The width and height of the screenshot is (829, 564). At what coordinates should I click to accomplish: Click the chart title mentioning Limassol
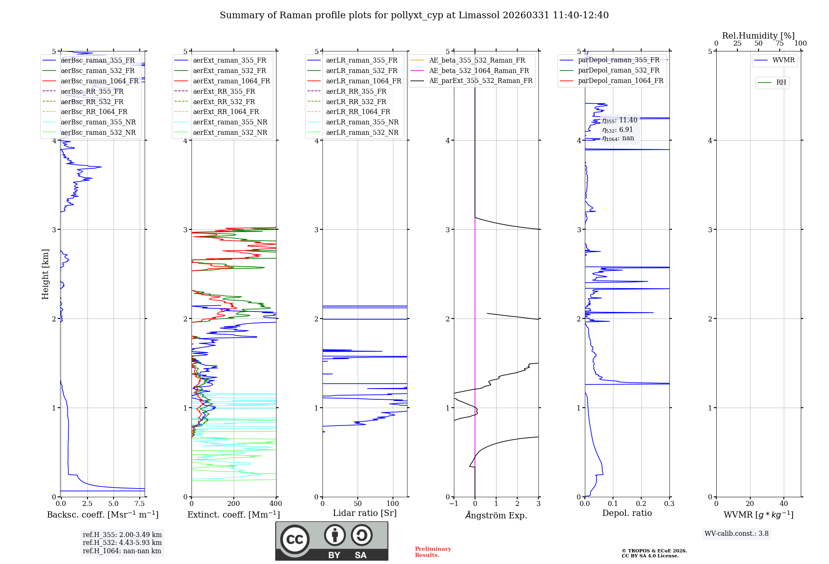point(414,15)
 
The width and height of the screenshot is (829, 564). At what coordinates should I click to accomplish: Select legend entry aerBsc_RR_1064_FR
point(94,112)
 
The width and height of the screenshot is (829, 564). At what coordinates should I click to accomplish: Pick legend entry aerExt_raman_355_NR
point(230,122)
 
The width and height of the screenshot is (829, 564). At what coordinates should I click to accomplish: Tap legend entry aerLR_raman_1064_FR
point(364,81)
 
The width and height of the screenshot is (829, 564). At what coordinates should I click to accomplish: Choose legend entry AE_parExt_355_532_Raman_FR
point(481,81)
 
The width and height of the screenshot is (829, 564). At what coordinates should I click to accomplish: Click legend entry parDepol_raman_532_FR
point(618,70)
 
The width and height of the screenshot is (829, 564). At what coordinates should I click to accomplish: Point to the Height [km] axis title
point(45,274)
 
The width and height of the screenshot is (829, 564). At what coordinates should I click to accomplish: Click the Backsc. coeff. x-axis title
point(103,515)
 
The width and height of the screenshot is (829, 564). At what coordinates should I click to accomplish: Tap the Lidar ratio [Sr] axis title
point(365,513)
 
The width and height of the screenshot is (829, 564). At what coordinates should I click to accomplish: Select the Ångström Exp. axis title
point(496,515)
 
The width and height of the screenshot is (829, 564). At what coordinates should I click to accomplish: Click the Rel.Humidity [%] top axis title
point(758,36)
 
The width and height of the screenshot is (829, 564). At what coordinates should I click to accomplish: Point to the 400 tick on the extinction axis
point(276,504)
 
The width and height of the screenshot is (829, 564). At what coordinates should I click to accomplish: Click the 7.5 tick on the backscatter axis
point(140,504)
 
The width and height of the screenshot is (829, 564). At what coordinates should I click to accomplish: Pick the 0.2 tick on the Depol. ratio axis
point(641,504)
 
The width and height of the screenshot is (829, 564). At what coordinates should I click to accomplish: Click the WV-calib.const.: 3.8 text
point(737,534)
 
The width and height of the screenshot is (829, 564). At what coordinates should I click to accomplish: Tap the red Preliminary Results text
point(433,552)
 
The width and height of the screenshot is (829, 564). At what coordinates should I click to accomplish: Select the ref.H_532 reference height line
point(122,543)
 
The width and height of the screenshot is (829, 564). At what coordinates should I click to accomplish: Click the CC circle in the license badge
point(295,540)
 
